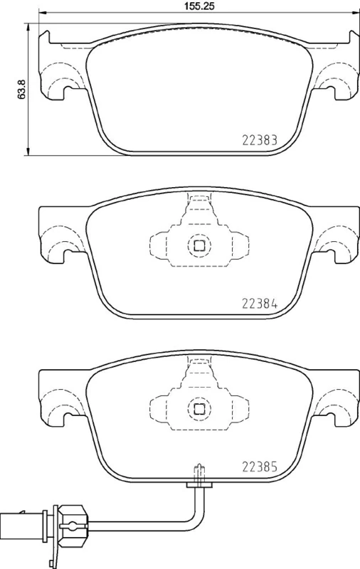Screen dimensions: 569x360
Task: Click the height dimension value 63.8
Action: [23, 90]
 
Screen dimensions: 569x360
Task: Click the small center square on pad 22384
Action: [200, 246]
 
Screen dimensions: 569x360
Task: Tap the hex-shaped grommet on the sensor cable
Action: [72, 518]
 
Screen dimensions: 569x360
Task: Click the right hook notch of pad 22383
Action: [334, 90]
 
